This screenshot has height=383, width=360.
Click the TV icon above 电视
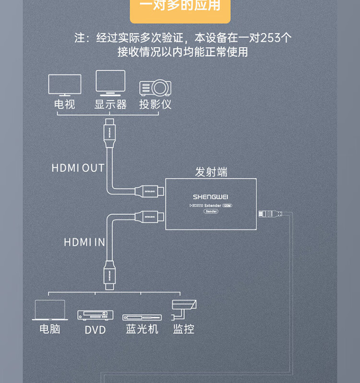tap(65, 85)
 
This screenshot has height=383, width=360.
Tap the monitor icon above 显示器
tap(110, 82)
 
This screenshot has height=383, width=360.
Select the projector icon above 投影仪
tap(155, 88)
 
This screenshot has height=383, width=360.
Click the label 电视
tap(65, 104)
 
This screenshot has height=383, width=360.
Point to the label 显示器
tap(110, 104)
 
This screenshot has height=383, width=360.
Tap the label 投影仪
tap(155, 104)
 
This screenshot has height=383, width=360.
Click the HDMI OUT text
tap(78, 168)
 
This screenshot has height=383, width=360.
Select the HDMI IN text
tap(84, 242)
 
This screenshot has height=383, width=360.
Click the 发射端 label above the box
tap(211, 172)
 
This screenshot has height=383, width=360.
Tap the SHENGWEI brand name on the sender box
tap(211, 197)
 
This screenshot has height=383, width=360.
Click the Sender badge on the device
tap(211, 211)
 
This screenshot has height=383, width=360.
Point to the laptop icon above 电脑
tap(50, 310)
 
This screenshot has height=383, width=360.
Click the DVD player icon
tap(96, 315)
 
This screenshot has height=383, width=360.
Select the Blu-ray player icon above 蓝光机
tap(142, 317)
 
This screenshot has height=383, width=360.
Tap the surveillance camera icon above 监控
tap(183, 308)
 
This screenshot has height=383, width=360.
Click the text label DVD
tap(95, 330)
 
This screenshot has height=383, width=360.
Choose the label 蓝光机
tap(142, 329)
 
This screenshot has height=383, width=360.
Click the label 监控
tap(183, 329)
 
